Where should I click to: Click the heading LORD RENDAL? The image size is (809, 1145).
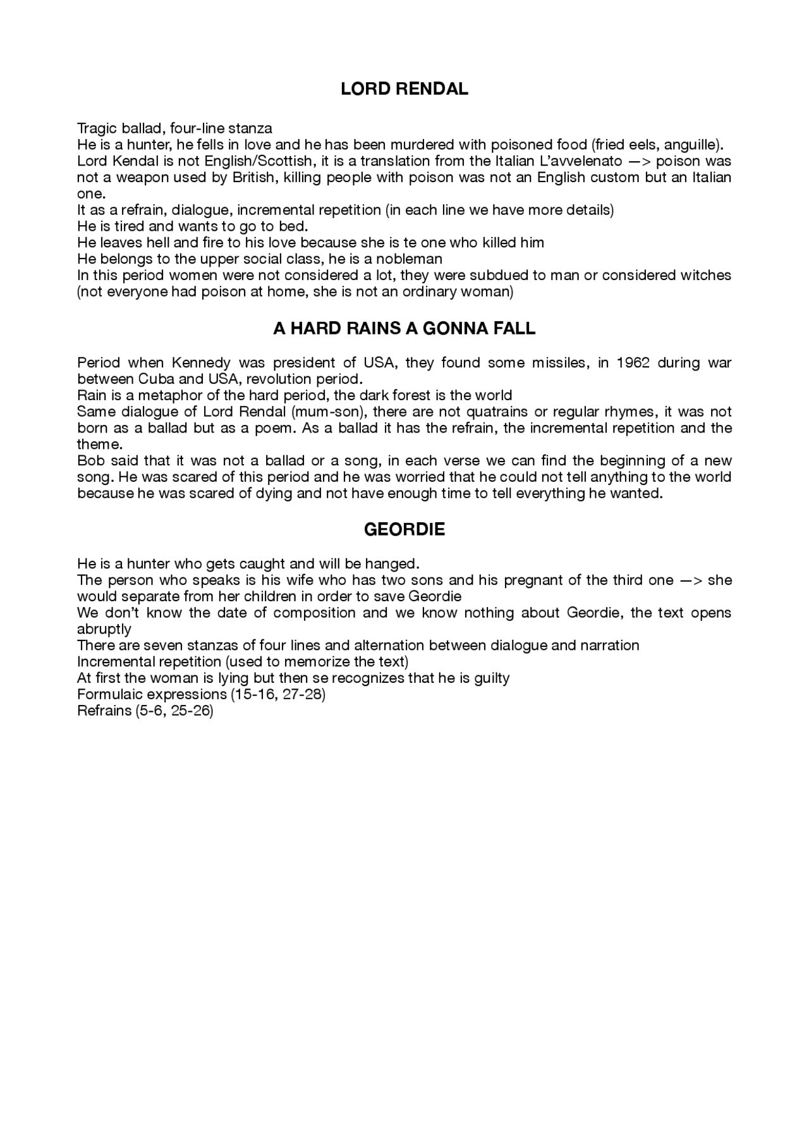[x=404, y=89]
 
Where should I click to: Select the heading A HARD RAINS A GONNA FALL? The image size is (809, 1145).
[x=404, y=329]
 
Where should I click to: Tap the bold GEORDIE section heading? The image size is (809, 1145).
[x=404, y=530]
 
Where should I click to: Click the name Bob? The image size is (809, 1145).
[x=90, y=461]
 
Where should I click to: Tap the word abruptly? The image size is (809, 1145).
[x=104, y=630]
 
